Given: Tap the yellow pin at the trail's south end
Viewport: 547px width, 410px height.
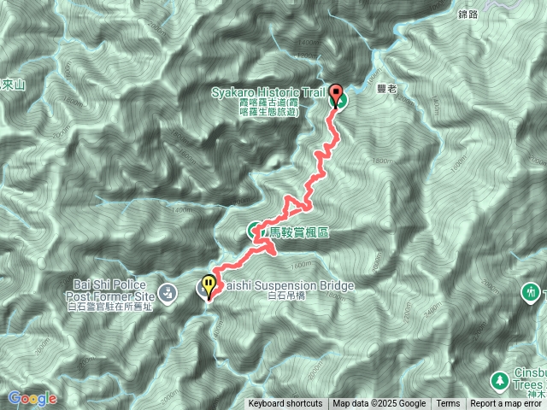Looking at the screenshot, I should (209, 284).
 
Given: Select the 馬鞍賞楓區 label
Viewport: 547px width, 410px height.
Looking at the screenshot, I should (299, 231).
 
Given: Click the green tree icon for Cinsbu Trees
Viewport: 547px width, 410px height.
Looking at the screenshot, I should (497, 379).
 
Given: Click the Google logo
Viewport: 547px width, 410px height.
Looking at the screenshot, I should (32, 398).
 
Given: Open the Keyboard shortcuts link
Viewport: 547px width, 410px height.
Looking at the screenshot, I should (285, 404).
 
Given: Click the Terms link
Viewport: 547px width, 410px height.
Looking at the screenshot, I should (448, 404).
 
